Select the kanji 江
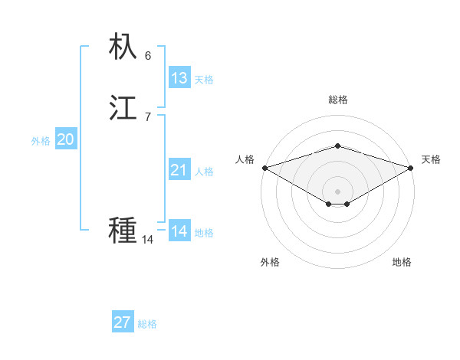click(123, 107)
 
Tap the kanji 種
click(123, 230)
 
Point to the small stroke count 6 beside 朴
click(148, 55)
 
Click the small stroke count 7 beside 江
click(148, 116)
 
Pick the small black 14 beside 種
click(147, 240)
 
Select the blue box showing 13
click(179, 78)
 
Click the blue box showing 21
click(179, 170)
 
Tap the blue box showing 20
click(65, 139)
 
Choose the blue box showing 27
click(122, 322)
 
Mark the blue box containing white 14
click(179, 231)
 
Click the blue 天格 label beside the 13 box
click(204, 80)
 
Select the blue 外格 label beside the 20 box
click(41, 141)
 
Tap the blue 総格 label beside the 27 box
click(147, 324)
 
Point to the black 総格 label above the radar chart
click(337, 100)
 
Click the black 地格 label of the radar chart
click(402, 262)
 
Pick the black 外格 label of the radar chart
click(270, 262)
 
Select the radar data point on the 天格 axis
click(411, 168)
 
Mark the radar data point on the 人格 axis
click(264, 168)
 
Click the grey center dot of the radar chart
click(337, 191)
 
